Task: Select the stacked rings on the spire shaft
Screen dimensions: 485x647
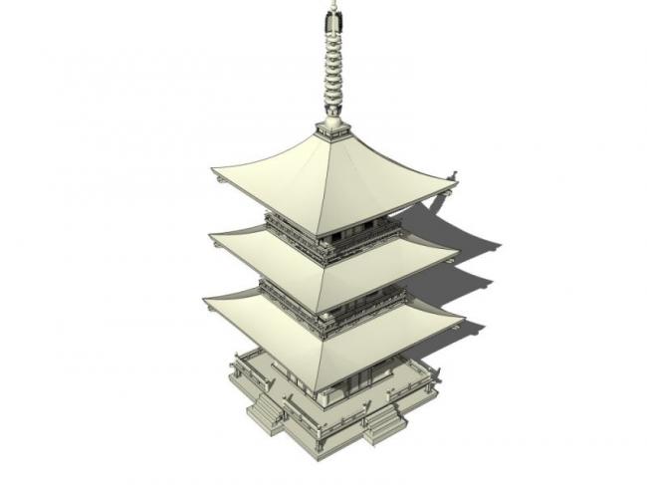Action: (x=329, y=70)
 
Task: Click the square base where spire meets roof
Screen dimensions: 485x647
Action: (x=330, y=128)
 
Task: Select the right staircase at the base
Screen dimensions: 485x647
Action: (x=383, y=426)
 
